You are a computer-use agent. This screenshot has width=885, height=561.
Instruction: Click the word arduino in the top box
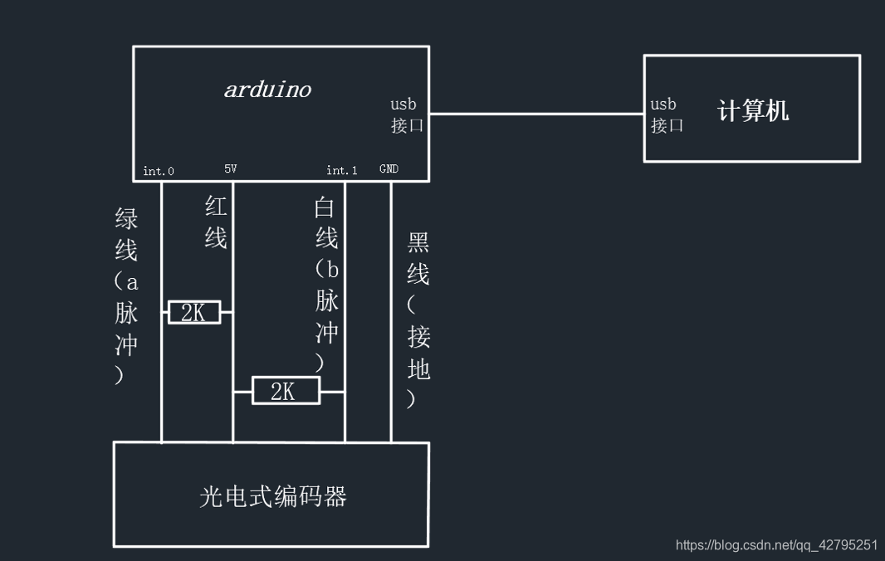click(267, 90)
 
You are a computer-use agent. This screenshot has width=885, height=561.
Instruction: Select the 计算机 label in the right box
click(753, 110)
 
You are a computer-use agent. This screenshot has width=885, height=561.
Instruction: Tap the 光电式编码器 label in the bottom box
click(273, 496)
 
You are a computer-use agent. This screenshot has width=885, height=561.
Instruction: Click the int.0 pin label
click(159, 171)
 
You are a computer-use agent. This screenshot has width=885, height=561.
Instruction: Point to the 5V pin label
click(231, 169)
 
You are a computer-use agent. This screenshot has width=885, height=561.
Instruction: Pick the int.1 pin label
click(342, 170)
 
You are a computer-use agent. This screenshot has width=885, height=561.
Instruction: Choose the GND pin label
click(389, 169)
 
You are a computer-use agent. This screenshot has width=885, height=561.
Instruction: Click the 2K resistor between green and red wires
click(194, 312)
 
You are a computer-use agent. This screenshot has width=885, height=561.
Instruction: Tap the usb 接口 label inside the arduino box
click(407, 115)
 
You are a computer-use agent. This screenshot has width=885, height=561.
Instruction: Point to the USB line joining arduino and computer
click(536, 114)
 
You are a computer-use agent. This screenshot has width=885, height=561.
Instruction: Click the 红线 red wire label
click(216, 222)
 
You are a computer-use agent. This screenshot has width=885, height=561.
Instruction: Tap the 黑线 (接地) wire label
click(418, 320)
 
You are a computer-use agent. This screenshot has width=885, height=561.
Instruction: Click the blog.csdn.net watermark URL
click(776, 545)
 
